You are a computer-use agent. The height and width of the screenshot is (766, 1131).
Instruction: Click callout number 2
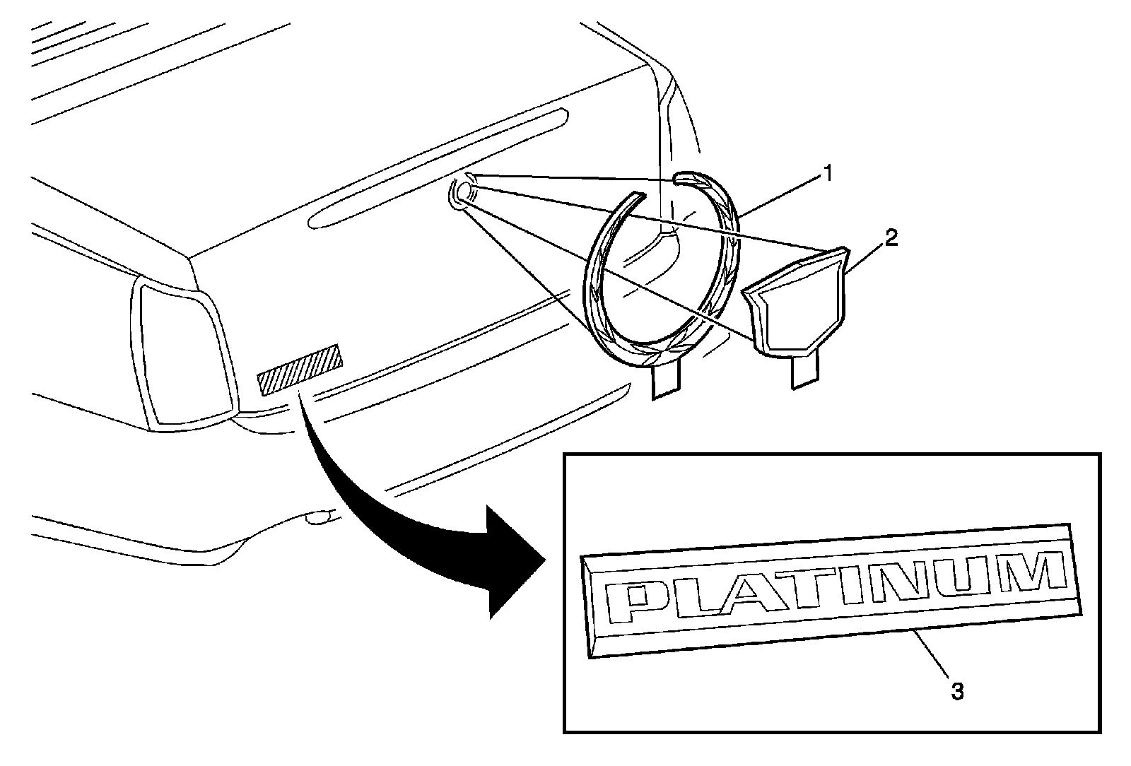click(891, 239)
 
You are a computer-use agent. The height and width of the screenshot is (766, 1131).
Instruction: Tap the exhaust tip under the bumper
click(320, 519)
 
